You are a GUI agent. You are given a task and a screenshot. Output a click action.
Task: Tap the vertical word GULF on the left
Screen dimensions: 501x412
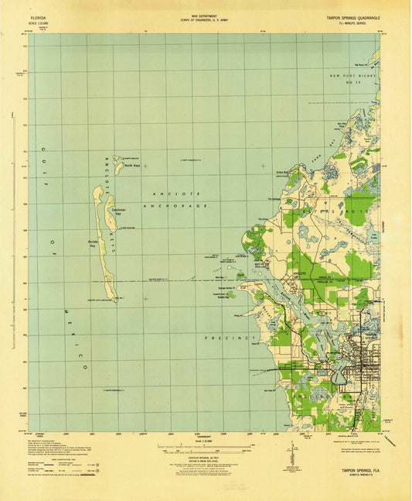click(x=44, y=163)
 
